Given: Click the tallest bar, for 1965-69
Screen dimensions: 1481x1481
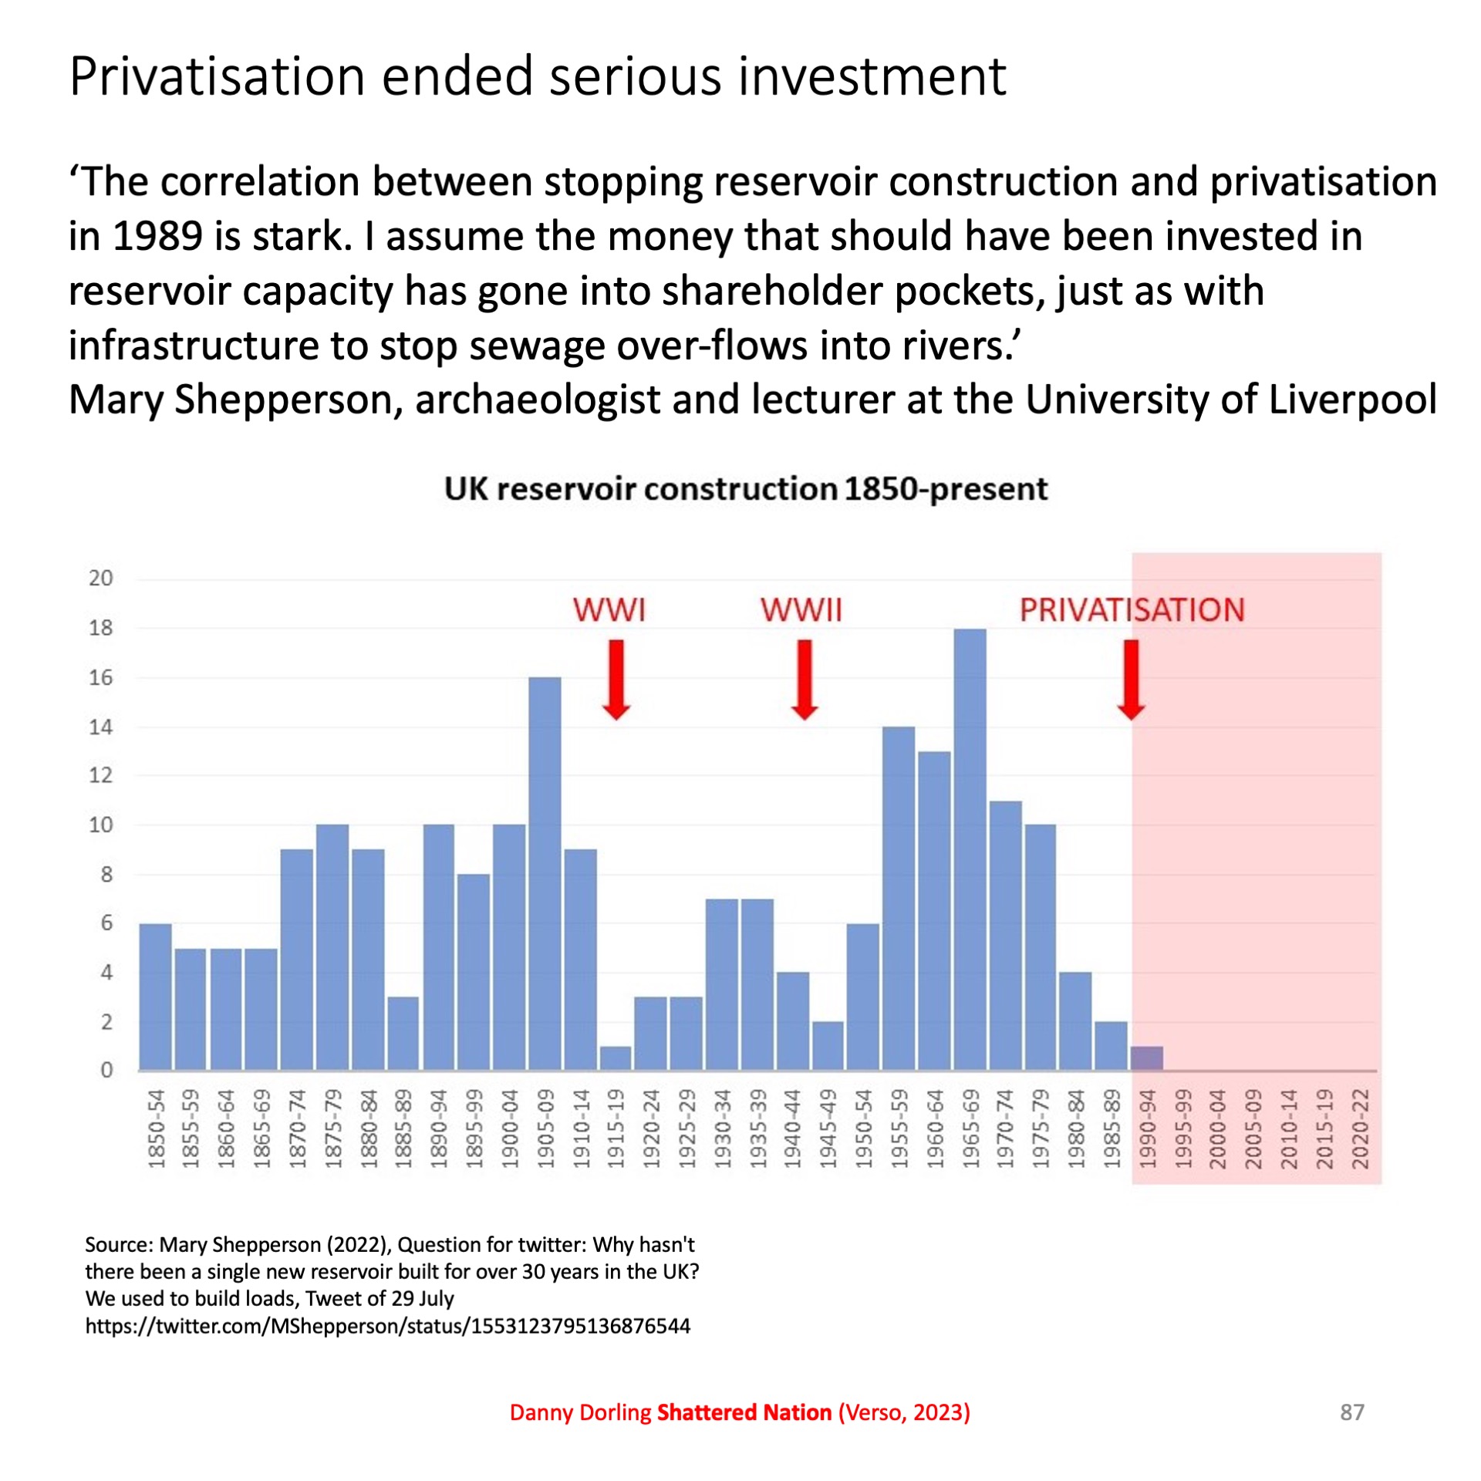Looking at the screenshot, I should (970, 848).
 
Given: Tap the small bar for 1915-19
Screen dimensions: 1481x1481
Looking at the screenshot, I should (616, 1058).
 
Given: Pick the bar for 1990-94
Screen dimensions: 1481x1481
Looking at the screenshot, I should (1147, 1058).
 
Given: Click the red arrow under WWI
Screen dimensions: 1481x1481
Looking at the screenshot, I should (616, 679).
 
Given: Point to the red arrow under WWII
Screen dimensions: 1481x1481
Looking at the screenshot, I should (805, 679).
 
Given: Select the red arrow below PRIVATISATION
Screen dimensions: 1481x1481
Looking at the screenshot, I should (1131, 679).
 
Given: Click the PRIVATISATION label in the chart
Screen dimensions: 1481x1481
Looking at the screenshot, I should (1132, 610).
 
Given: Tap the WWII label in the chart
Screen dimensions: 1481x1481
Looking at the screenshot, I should (801, 610).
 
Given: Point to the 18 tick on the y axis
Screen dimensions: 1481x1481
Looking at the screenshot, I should (101, 628).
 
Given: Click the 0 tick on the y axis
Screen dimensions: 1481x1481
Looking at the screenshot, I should (106, 1070).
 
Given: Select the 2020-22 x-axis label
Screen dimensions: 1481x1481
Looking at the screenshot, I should (1360, 1128).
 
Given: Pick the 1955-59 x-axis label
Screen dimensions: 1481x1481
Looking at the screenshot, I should (899, 1128).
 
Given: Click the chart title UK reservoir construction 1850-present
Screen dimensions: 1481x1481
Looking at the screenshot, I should (746, 489).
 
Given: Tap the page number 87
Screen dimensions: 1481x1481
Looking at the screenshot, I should (1352, 1412).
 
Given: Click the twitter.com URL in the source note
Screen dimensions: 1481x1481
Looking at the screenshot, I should (387, 1326).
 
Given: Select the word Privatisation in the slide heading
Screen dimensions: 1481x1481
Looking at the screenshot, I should (217, 76).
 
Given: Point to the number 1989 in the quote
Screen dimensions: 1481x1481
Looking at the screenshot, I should (157, 236).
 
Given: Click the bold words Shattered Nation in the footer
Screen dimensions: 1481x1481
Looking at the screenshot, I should (744, 1412).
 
